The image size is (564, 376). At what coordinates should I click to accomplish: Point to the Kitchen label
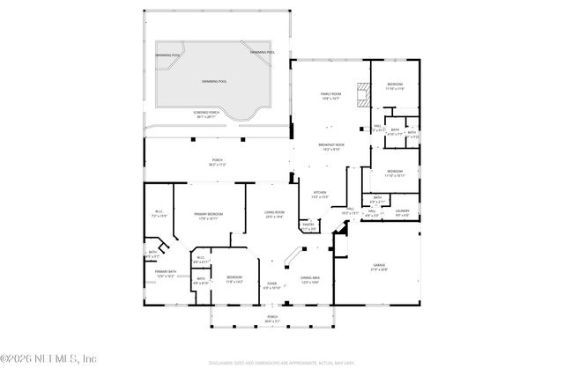click(320, 195)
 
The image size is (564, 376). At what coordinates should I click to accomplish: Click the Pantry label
click(308, 226)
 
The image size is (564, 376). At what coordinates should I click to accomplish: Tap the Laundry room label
click(402, 212)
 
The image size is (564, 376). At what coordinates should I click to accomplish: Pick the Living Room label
click(274, 214)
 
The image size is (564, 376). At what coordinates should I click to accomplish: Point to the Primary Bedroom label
click(209, 216)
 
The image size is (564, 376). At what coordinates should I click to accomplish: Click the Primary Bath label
click(166, 274)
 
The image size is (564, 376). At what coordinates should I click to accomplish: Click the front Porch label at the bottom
click(272, 319)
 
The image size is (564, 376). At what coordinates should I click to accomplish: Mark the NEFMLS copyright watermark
click(48, 358)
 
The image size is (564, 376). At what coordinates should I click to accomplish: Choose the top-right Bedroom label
click(394, 86)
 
